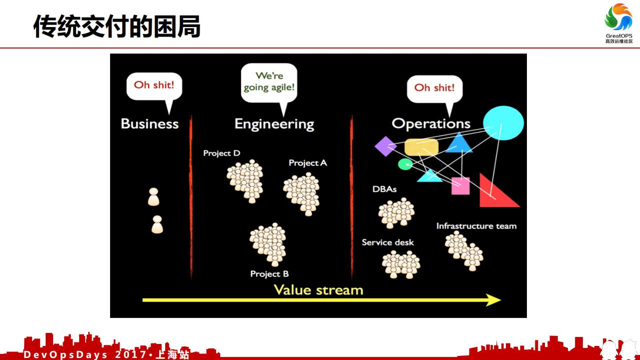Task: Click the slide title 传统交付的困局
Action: (117, 27)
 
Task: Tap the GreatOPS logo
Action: (618, 23)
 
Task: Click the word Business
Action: (150, 124)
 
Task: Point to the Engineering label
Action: (274, 124)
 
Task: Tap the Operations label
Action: (431, 124)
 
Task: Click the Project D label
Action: (222, 153)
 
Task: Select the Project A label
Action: (308, 163)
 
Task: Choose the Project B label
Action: (269, 274)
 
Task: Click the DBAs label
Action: (384, 189)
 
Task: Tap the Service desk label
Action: (388, 242)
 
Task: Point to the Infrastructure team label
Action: (476, 226)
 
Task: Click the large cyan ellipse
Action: (503, 123)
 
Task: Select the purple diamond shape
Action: (385, 146)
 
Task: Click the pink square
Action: (460, 186)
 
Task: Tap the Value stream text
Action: (318, 290)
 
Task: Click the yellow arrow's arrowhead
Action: (494, 300)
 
